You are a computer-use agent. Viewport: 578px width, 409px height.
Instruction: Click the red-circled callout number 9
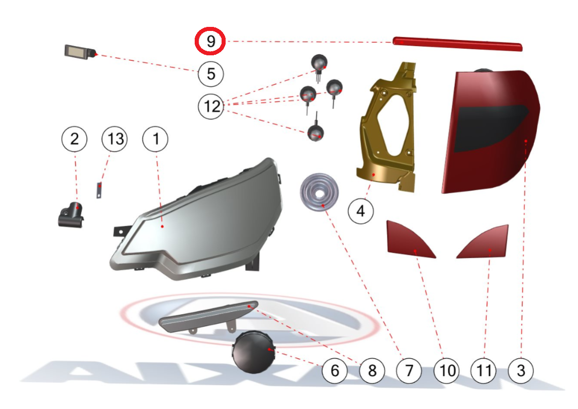210,41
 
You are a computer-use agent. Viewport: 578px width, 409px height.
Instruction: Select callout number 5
211,74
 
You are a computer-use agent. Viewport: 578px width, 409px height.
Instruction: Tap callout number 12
211,106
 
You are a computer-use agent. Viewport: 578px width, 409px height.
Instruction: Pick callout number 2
75,139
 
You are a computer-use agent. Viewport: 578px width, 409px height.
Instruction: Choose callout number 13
115,139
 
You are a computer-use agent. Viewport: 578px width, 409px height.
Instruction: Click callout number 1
156,139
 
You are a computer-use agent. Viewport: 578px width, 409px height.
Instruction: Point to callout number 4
361,211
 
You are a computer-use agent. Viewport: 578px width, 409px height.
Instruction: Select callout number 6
335,370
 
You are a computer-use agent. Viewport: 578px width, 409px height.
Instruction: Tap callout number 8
372,370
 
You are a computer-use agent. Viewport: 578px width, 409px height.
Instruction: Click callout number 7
409,370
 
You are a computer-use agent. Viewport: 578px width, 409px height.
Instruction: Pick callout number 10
447,370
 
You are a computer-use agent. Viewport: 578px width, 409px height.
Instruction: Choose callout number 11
484,370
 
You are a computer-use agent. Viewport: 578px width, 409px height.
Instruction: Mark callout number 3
521,370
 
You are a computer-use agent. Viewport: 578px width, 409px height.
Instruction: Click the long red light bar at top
457,44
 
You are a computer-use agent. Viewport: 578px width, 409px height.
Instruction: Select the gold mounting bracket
387,127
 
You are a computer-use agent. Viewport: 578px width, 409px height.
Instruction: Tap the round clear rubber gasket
319,192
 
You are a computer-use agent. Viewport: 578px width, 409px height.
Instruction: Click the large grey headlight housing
197,219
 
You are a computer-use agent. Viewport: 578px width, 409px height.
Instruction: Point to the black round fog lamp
254,352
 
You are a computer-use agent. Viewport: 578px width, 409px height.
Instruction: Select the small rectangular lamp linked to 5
80,52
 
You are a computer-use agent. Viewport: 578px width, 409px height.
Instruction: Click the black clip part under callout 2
71,215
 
